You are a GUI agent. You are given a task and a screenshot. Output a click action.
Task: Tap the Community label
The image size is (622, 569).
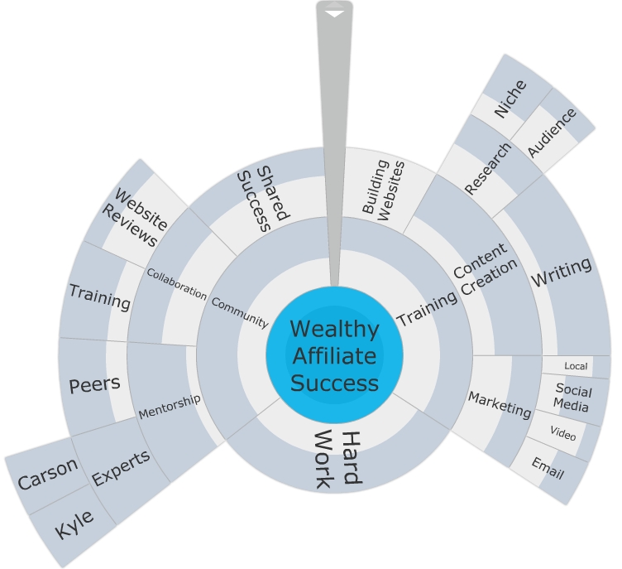coord(240,311)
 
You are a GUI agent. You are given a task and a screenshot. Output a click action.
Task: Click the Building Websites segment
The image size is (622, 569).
coord(383,189)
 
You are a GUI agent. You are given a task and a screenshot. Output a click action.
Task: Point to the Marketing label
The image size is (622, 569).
coord(500,404)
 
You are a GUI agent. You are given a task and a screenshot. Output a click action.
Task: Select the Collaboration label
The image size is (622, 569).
coord(176,282)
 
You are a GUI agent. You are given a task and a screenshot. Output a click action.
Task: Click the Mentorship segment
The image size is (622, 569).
coord(169,405)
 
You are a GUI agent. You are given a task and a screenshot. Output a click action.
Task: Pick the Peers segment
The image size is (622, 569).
coord(94,384)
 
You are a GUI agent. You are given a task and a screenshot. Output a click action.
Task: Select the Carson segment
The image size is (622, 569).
coord(47,475)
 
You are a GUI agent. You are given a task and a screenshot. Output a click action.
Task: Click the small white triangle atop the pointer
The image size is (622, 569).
coord(334,13)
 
